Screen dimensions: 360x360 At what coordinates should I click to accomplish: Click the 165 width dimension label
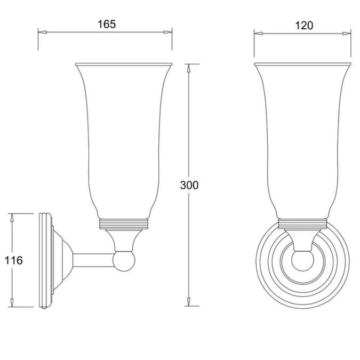(107, 24)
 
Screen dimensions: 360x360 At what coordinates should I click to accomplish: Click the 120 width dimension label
(303, 26)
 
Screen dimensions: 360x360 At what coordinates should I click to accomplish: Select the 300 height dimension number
(190, 185)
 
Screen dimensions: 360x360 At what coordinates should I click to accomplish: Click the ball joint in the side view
(124, 260)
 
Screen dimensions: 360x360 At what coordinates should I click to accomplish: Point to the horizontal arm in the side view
(93, 260)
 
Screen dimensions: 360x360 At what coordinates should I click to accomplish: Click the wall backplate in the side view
(45, 260)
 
